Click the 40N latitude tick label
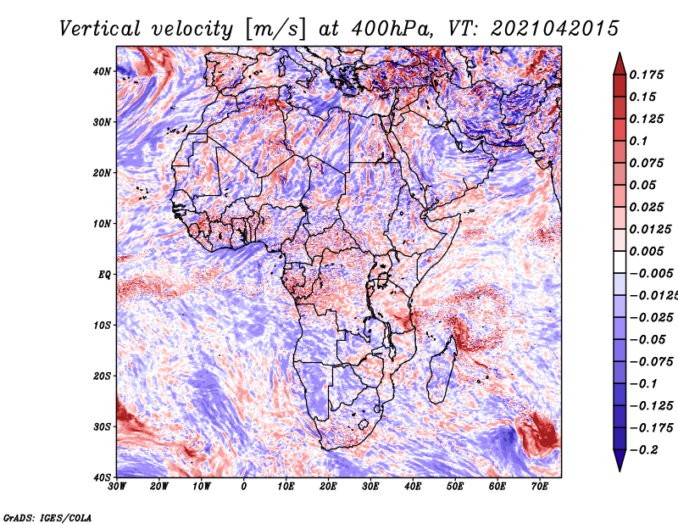(x=102, y=71)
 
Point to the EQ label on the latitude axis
(x=104, y=275)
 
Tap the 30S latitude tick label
(x=102, y=426)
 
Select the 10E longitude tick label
(x=286, y=487)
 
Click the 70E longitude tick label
(x=540, y=487)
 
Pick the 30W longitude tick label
(x=117, y=487)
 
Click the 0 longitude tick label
(x=244, y=487)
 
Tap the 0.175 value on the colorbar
(x=646, y=75)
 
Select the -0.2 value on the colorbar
(x=643, y=450)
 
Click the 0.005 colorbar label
(x=646, y=251)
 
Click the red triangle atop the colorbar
(x=620, y=65)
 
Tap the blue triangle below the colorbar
(x=620, y=459)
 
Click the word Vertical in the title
(x=100, y=29)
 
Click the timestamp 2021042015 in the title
(x=555, y=29)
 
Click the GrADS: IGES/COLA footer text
(x=47, y=517)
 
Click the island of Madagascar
(x=442, y=372)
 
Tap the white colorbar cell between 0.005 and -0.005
(x=620, y=262)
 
